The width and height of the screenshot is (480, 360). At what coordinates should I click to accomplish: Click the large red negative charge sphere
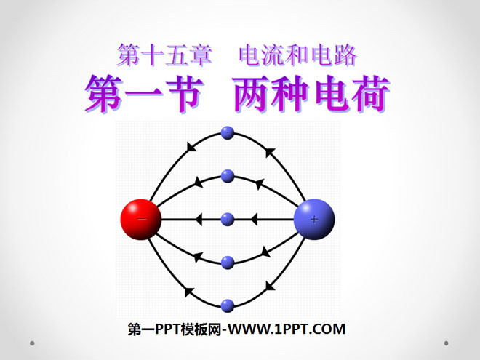coord(141,219)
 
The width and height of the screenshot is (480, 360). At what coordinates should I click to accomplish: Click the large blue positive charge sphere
coord(314,219)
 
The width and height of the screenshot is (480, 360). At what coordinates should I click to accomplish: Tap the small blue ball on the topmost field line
coord(228,133)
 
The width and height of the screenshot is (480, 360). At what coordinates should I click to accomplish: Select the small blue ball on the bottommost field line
coord(228,305)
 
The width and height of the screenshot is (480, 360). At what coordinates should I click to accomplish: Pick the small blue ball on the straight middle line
coord(228,219)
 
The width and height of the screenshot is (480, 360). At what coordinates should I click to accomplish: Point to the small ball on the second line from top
coord(228,176)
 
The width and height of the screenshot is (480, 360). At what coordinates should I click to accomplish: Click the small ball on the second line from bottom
coord(228,263)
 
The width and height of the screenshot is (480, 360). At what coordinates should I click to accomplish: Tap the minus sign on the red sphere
coord(142,219)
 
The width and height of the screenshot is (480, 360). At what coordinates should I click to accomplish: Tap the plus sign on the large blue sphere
coord(314,219)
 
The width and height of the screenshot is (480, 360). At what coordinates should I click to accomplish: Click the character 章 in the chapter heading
coord(201,55)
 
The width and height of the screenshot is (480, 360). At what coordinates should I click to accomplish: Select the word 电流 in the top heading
coord(262,55)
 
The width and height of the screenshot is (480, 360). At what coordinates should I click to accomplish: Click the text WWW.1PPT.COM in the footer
coord(287,329)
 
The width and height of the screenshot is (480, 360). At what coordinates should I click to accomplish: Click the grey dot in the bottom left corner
coord(32,343)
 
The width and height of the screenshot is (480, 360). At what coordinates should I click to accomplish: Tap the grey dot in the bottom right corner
coord(446,343)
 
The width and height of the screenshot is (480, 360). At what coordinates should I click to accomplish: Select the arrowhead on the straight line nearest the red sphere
coord(199,220)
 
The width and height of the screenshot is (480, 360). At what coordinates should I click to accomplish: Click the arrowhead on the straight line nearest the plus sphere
coord(254,220)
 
